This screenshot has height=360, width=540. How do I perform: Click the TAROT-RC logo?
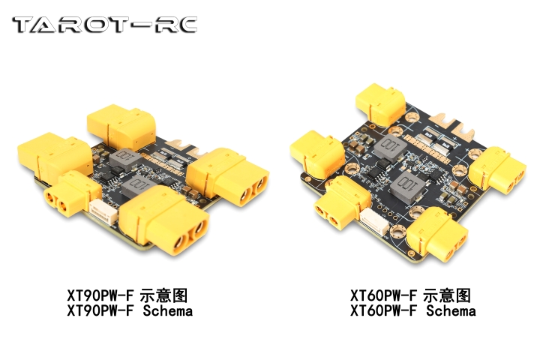[105, 25]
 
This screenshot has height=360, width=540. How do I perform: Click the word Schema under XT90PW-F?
[168, 311]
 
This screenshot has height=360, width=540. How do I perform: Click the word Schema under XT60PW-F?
[451, 311]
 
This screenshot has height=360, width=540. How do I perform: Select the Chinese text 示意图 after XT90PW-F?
[163, 295]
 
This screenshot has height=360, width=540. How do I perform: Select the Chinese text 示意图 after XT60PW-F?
[447, 295]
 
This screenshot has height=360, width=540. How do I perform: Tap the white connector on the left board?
[103, 213]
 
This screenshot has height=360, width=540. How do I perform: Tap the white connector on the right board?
[375, 222]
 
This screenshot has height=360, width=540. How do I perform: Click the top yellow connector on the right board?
[380, 103]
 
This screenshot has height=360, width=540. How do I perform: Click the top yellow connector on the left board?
[121, 126]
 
